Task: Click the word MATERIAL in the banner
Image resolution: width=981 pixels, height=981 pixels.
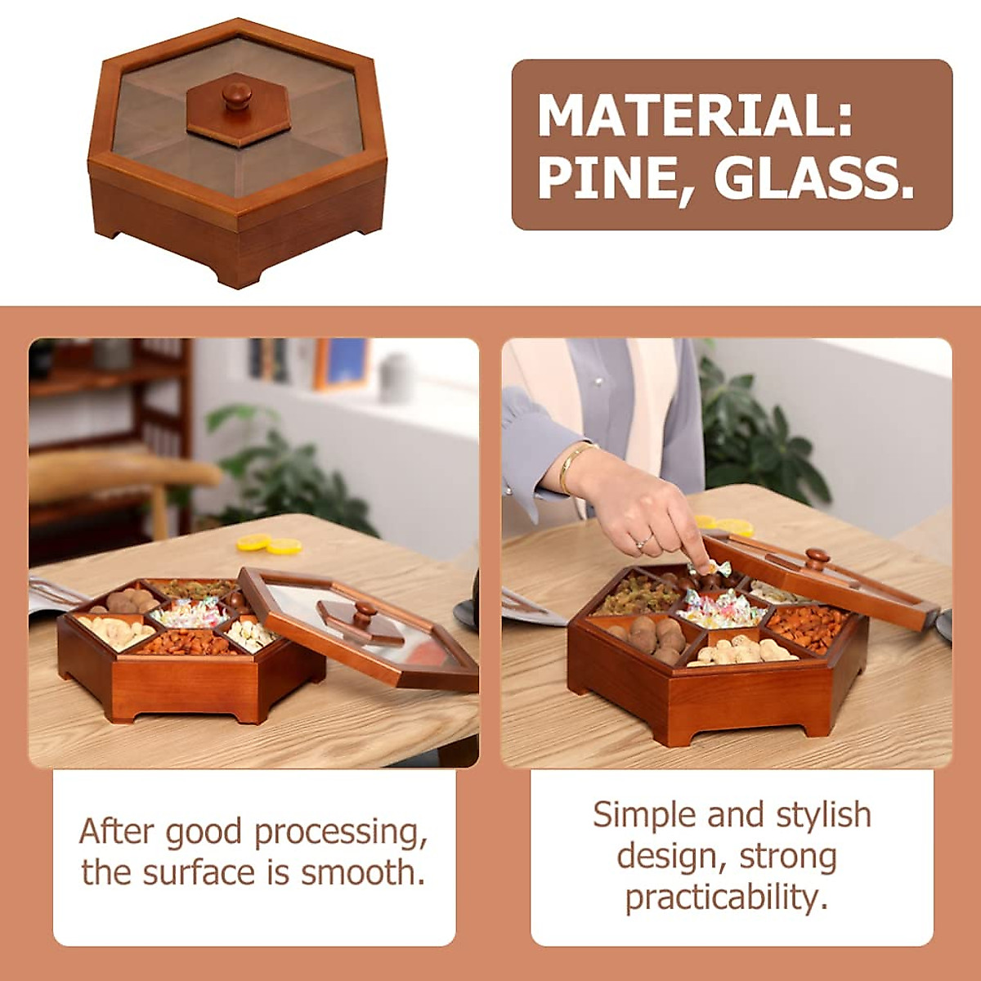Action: point(695,116)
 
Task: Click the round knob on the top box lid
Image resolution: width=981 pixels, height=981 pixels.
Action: point(238,96)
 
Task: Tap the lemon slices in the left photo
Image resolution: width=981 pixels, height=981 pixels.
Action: point(269,544)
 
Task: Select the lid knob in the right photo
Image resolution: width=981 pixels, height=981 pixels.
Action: point(816,560)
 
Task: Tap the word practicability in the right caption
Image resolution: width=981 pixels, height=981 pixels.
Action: point(726,898)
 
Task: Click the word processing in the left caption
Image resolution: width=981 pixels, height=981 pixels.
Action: point(341,832)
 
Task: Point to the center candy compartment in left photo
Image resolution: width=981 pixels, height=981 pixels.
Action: point(190,612)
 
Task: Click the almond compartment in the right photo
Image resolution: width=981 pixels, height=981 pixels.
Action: point(808,625)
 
